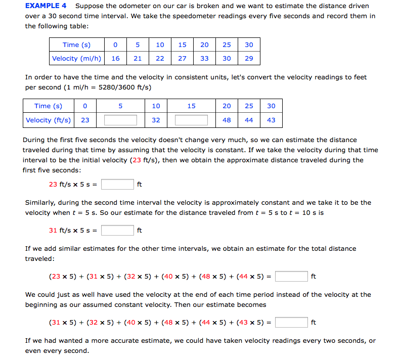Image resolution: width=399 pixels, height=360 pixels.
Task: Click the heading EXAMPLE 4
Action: pos(46,6)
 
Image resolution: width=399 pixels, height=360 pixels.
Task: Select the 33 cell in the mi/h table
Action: pos(204,58)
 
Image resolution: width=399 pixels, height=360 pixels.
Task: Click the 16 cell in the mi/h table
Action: pos(115,58)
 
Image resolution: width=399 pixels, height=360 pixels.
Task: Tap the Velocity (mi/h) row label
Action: pos(77,58)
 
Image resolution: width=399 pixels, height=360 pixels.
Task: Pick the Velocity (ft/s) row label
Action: pos(49,120)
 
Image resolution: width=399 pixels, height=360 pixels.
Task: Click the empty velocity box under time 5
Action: pos(120,120)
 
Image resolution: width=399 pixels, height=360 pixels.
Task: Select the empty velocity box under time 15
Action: pos(191,120)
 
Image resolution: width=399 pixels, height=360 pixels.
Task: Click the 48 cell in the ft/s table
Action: pos(227,120)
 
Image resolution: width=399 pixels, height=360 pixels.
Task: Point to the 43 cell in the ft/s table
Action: pos(271,120)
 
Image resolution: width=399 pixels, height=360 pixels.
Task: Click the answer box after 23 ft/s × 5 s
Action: pos(117,184)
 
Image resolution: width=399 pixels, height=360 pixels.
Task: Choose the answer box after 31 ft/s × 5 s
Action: pos(117,231)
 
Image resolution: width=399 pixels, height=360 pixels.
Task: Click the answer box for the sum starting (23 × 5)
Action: pos(292,277)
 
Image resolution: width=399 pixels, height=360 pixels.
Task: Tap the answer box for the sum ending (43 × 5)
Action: pos(292,323)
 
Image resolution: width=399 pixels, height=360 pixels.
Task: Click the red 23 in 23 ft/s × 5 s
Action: pos(53,184)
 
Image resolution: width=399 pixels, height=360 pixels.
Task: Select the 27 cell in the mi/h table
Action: pos(182,58)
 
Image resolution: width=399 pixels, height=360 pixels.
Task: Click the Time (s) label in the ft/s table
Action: pos(49,106)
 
